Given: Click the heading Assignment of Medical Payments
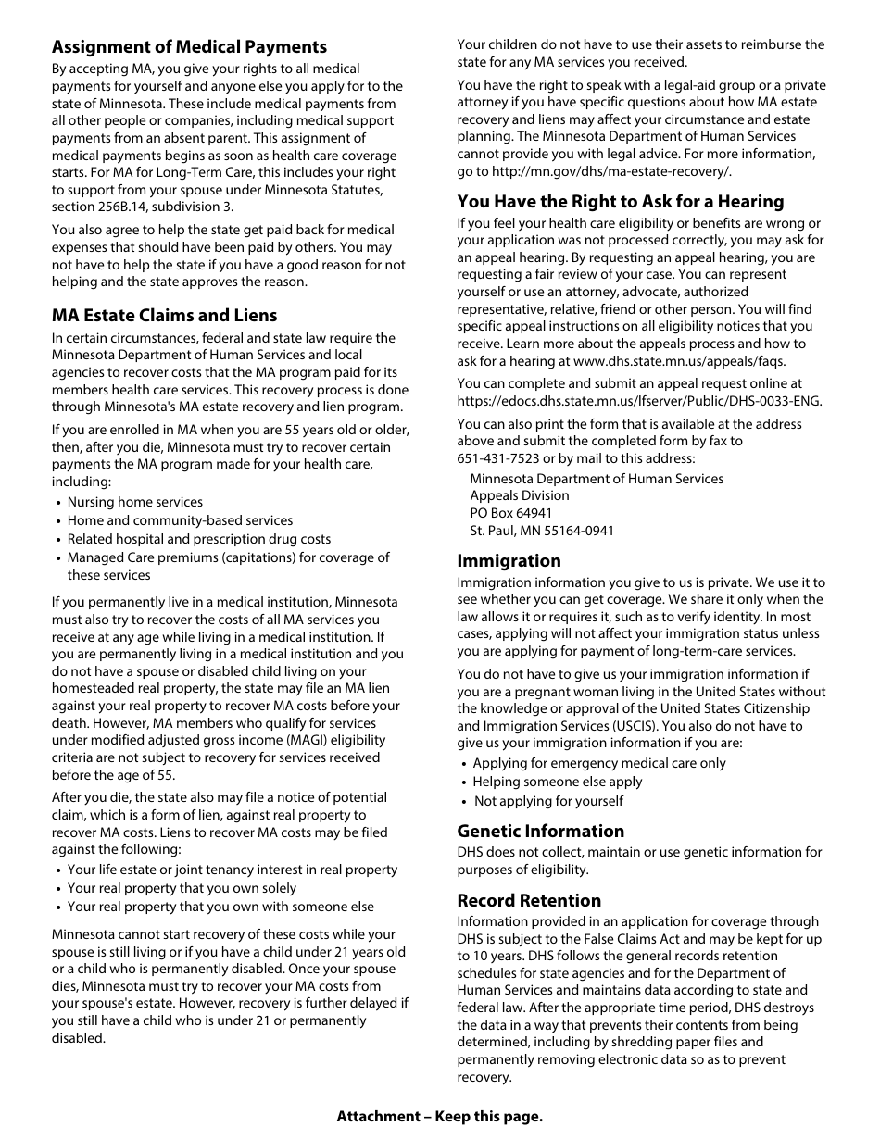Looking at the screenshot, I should (x=189, y=47).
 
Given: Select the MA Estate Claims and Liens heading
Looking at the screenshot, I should (x=164, y=316).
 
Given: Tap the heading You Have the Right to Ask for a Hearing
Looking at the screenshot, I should (x=620, y=202).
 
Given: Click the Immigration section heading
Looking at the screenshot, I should (x=509, y=561).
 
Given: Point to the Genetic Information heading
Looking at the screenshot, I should (x=540, y=831).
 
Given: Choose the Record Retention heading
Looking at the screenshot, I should (x=528, y=900).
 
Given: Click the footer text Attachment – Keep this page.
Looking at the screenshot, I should (x=439, y=1116).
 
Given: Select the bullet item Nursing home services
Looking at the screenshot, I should (x=134, y=502).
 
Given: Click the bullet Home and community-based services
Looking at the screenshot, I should (x=180, y=520).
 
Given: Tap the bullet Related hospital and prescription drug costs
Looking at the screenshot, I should (x=198, y=539).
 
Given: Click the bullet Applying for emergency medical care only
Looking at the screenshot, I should (x=598, y=763).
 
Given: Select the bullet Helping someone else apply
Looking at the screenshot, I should (x=557, y=782).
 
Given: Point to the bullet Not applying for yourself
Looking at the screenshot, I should (x=548, y=801).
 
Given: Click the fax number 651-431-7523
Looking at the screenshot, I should (x=499, y=458).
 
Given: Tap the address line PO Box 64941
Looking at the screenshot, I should (x=510, y=513).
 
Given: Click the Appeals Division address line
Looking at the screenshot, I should (x=519, y=495).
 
